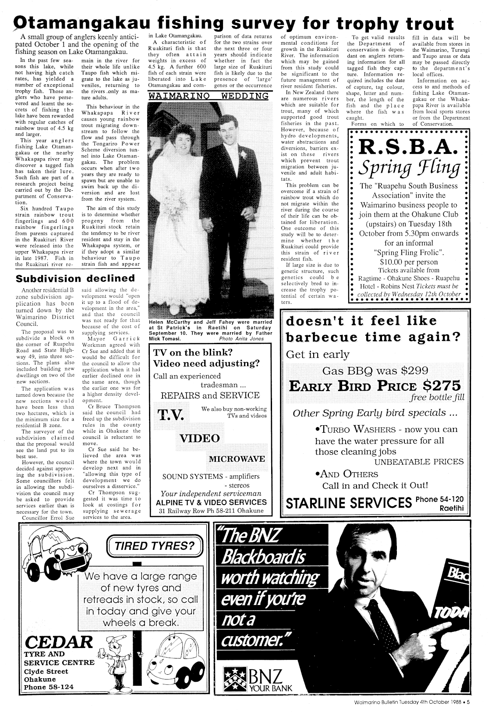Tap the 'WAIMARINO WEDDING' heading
point(208,96)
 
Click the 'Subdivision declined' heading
point(75,278)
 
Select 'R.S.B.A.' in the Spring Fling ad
point(408,149)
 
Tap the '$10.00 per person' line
point(407,262)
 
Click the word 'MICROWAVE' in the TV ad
point(237,459)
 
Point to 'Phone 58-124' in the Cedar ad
point(49,687)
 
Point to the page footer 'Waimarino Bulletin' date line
point(412,701)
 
